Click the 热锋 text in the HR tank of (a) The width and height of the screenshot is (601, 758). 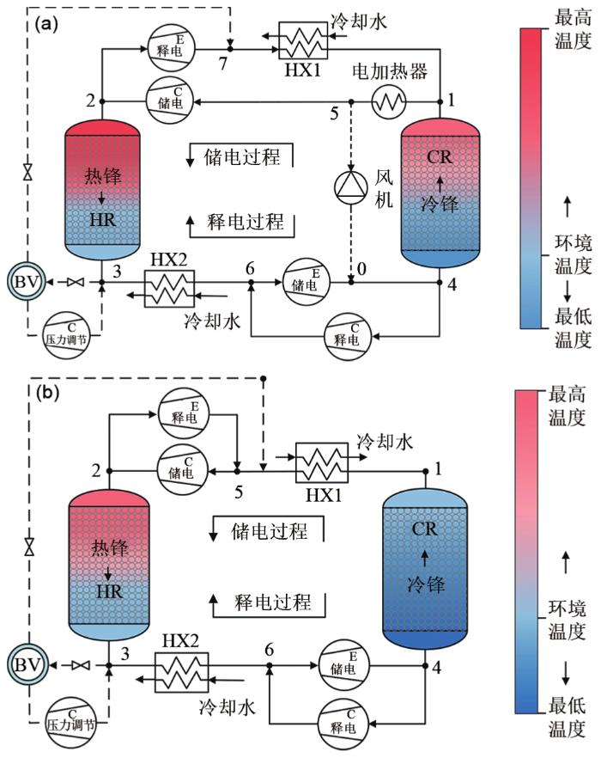tap(101, 175)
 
